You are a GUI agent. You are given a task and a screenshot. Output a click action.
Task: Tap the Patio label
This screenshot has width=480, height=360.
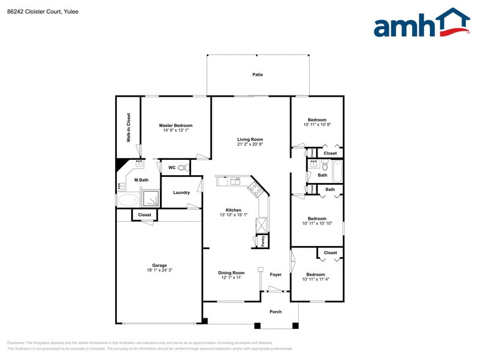click(x=258, y=75)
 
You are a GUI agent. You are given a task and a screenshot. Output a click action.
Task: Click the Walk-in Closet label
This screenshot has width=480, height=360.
click(x=129, y=127)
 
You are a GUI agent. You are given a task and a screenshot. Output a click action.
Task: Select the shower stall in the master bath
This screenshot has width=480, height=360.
click(x=151, y=198)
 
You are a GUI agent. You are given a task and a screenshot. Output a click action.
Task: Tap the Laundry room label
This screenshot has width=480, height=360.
click(x=181, y=192)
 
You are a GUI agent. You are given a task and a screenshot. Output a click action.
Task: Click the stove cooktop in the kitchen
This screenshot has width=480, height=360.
click(x=256, y=189)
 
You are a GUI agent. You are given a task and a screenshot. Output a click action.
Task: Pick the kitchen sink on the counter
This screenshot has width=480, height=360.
click(x=236, y=181)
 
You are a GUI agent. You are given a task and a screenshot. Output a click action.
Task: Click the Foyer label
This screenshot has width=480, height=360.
click(x=276, y=274)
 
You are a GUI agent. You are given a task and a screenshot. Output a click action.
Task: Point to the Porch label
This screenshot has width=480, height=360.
click(x=276, y=312)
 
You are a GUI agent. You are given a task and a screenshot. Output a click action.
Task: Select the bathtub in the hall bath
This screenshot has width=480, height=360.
click(x=337, y=171)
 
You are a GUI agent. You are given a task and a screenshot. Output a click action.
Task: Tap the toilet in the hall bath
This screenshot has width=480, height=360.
click(x=325, y=165)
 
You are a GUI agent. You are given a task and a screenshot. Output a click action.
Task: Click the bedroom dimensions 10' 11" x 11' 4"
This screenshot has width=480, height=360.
click(x=317, y=279)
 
